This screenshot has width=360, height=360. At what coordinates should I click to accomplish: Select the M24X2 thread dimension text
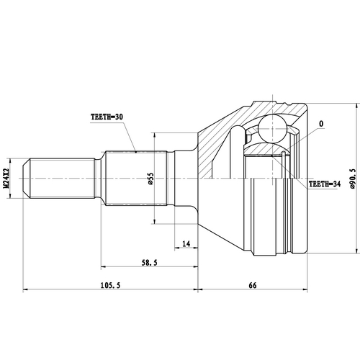[x=7, y=177]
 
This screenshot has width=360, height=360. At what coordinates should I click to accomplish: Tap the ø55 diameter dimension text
[x=150, y=177]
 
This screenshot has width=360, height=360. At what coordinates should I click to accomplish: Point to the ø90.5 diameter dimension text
[x=353, y=177]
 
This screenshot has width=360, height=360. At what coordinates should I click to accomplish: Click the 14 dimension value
[x=186, y=245]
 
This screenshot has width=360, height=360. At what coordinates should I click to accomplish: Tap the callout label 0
[x=320, y=125]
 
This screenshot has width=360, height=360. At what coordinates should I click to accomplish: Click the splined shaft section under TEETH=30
[x=137, y=177]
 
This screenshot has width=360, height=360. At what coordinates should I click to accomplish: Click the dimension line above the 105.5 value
[x=108, y=292]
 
